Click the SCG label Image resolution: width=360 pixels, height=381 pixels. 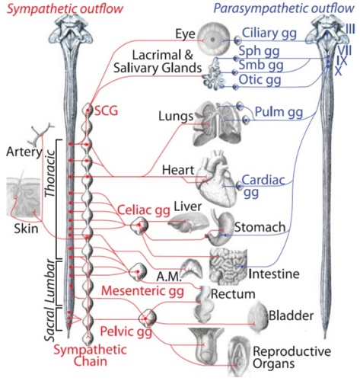(x=106, y=111)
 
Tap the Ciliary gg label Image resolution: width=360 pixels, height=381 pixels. (x=269, y=34)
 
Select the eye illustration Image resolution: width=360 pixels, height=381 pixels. (x=214, y=39)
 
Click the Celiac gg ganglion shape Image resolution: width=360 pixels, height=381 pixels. (x=139, y=226)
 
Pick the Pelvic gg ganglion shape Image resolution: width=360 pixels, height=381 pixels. (x=148, y=318)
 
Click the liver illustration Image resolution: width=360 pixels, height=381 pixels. (x=189, y=223)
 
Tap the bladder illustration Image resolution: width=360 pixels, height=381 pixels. (x=258, y=317)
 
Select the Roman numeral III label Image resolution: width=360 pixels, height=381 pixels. (x=350, y=30)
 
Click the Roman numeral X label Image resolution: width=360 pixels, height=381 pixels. (x=338, y=72)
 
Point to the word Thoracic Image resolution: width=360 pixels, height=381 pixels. (x=49, y=174)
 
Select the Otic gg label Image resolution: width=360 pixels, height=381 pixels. (x=260, y=80)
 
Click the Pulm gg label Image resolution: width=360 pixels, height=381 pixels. (x=279, y=112)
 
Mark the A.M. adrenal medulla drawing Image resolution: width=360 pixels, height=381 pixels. (x=192, y=269)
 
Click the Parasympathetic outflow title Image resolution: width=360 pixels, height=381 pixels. (x=284, y=8)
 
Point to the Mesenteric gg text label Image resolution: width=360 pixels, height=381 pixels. (x=142, y=291)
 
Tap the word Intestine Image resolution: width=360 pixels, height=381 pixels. (x=274, y=274)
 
